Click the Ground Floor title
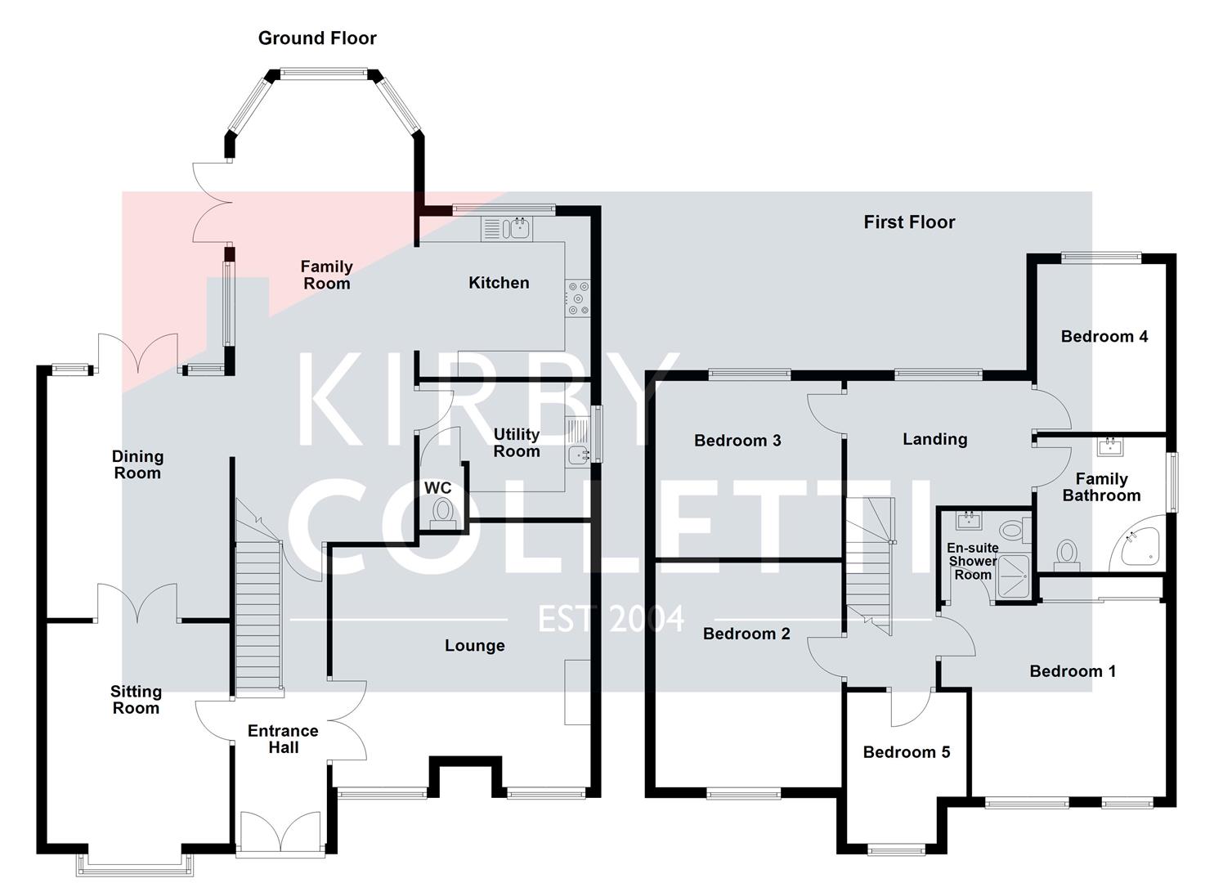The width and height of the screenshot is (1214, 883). point(317,38)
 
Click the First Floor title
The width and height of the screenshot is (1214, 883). point(909,222)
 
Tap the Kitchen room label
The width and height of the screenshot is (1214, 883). point(499,283)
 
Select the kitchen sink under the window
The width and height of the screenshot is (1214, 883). point(518,228)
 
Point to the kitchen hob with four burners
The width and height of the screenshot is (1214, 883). point(577,298)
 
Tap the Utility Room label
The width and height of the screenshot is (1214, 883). point(517,442)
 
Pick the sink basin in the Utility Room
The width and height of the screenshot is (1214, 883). point(579,455)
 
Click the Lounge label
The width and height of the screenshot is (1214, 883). point(474,646)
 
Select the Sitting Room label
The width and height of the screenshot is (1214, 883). point(136,700)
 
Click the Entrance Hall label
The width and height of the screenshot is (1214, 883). point(283,739)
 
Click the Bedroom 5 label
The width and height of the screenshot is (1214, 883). point(907,752)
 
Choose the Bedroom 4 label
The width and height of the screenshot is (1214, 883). point(1104,337)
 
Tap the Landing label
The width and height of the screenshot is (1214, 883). point(934,439)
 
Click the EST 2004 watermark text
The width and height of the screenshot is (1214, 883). point(611,620)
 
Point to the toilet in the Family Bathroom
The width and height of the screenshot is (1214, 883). point(1067,554)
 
